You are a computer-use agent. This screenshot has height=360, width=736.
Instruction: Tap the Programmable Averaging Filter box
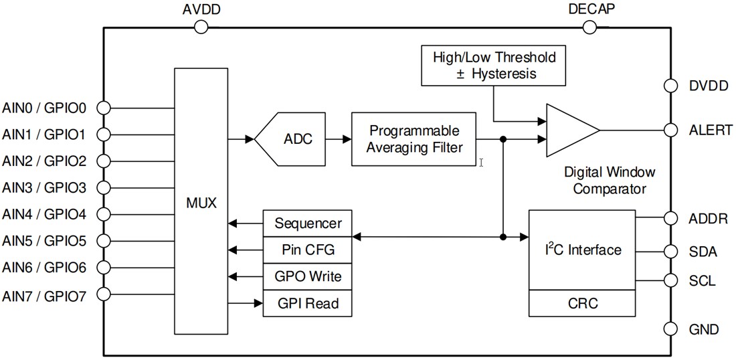(x=415, y=139)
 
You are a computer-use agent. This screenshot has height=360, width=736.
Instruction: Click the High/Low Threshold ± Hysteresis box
(x=494, y=65)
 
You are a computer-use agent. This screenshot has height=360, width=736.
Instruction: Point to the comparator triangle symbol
(x=569, y=130)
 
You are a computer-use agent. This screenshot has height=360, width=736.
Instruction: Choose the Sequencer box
(x=307, y=223)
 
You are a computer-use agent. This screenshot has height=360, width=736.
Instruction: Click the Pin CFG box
(x=307, y=250)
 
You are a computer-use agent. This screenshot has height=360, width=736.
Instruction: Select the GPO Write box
(x=307, y=276)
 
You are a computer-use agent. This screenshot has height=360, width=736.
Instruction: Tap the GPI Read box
(x=307, y=303)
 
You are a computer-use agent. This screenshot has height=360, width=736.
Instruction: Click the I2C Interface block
(x=581, y=250)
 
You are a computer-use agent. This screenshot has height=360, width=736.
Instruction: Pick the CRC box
(x=581, y=303)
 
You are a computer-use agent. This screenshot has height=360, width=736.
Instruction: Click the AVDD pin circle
(x=201, y=27)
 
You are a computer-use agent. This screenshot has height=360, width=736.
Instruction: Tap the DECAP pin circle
(x=589, y=27)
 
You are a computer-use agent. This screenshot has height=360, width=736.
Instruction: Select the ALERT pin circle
(x=670, y=130)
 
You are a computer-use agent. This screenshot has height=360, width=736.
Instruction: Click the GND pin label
(x=704, y=329)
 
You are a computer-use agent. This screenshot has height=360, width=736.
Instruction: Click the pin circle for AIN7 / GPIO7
(x=103, y=294)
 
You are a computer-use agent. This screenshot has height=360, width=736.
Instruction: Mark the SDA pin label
(x=703, y=252)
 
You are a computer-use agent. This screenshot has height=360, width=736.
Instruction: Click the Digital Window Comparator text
(x=610, y=181)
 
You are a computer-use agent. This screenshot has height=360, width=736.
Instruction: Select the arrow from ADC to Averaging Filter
(x=340, y=139)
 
